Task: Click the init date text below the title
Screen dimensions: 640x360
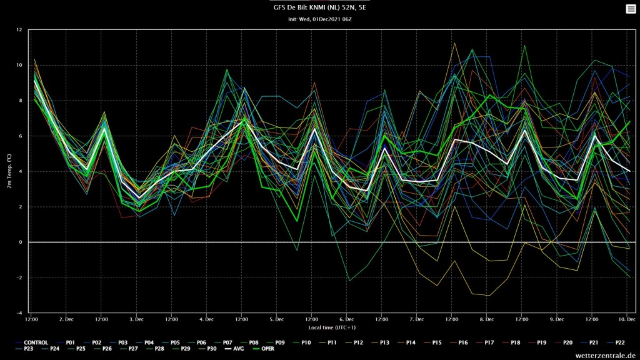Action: pyautogui.click(x=320, y=19)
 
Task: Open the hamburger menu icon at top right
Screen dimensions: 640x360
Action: pyautogui.click(x=631, y=9)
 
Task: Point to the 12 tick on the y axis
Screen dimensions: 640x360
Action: pyautogui.click(x=19, y=30)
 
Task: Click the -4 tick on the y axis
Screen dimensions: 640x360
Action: pyautogui.click(x=19, y=313)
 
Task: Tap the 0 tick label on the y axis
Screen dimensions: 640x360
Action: pyautogui.click(x=21, y=242)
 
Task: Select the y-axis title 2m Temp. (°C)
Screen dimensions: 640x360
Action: pyautogui.click(x=9, y=171)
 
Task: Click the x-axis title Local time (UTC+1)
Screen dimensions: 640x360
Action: pyautogui.click(x=332, y=327)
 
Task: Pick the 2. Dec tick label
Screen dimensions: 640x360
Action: pyautogui.click(x=66, y=319)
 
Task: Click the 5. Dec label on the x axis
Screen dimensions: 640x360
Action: pyautogui.click(x=276, y=319)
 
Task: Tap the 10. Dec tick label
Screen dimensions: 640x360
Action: pyautogui.click(x=627, y=319)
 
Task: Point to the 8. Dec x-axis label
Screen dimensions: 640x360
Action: pyautogui.click(x=486, y=319)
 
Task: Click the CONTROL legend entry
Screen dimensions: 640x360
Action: pyautogui.click(x=32, y=343)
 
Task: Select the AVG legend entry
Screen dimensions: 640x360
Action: pyautogui.click(x=234, y=349)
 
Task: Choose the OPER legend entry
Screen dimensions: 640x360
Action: pyautogui.click(x=264, y=349)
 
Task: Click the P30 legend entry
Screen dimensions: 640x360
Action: pyautogui.click(x=207, y=349)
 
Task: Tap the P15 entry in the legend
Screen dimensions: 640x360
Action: pyautogui.click(x=432, y=343)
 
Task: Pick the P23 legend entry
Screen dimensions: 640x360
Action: pyautogui.click(x=24, y=349)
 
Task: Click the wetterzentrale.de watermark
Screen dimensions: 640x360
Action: pyautogui.click(x=606, y=356)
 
